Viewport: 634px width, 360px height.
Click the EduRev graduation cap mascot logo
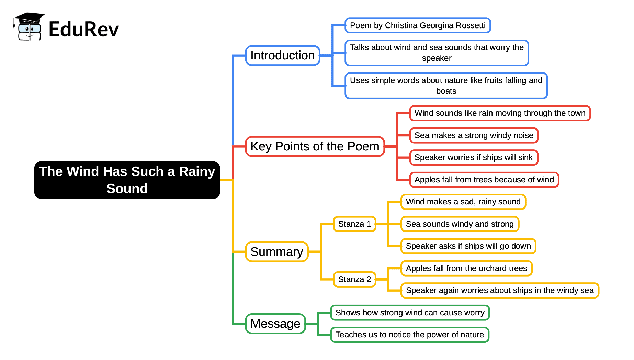29,27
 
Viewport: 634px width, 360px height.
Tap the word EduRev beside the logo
83,29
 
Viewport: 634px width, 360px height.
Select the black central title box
127,180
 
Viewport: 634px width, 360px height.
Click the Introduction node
282,55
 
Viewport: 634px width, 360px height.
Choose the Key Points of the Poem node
315,146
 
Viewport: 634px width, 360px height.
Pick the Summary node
276,252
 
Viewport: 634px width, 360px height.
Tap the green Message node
275,324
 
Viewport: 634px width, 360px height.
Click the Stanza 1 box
354,224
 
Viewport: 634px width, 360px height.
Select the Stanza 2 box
354,279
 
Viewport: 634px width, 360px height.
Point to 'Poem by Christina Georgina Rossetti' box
417,25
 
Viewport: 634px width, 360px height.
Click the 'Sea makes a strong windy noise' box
474,135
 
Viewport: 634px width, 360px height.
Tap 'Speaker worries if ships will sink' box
473,157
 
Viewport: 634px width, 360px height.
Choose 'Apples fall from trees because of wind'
484,180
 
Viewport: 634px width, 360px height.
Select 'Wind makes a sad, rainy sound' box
463,202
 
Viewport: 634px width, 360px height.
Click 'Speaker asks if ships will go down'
468,246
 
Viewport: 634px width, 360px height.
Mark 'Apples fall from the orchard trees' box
466,268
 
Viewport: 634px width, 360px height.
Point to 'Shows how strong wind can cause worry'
410,313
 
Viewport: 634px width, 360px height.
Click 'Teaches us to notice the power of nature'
409,335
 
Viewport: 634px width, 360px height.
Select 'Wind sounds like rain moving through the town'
500,113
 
